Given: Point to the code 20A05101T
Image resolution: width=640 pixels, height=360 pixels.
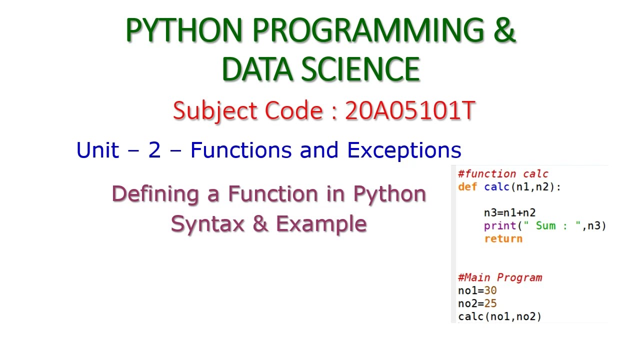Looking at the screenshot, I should click(x=409, y=111).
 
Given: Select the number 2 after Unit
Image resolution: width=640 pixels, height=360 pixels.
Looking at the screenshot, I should click(x=154, y=150).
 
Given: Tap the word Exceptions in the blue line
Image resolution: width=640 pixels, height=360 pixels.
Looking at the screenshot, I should click(x=404, y=150).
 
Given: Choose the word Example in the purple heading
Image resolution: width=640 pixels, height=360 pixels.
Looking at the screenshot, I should click(x=321, y=223).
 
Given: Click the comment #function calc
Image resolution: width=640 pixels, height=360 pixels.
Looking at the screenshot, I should click(x=503, y=174).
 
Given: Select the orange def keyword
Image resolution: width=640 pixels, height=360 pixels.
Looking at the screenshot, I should click(x=467, y=187).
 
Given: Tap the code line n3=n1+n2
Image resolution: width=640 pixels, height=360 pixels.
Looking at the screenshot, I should click(x=509, y=212).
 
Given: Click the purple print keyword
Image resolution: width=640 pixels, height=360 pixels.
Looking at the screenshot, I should click(x=500, y=225).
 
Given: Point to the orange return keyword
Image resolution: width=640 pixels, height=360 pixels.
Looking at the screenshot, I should click(x=503, y=238).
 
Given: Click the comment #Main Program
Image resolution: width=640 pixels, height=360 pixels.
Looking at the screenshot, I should click(x=499, y=277).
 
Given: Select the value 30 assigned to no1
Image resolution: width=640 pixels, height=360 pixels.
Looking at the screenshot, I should click(x=490, y=290).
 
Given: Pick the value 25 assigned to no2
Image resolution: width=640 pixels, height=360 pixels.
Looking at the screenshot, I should click(x=490, y=303).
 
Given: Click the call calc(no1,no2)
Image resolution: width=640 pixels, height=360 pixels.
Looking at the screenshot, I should click(x=499, y=316).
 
